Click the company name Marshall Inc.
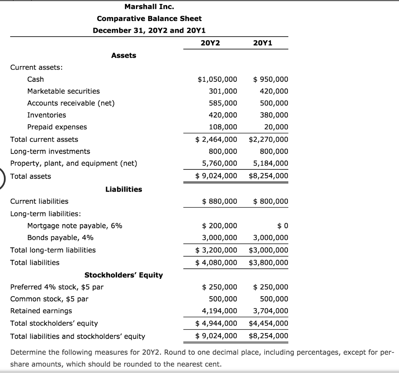coord(149,6)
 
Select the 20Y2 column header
coord(210,42)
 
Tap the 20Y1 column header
coord(263,42)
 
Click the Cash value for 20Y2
coord(217,79)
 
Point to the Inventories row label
coord(46,115)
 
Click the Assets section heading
coord(124,55)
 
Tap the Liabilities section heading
coord(124,189)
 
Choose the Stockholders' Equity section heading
coord(124,275)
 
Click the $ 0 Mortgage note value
coord(282,226)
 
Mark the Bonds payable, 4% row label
coord(60,238)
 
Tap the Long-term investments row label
coord(50,151)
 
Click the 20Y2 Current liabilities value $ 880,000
coord(220,201)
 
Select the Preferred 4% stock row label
coord(57,287)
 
